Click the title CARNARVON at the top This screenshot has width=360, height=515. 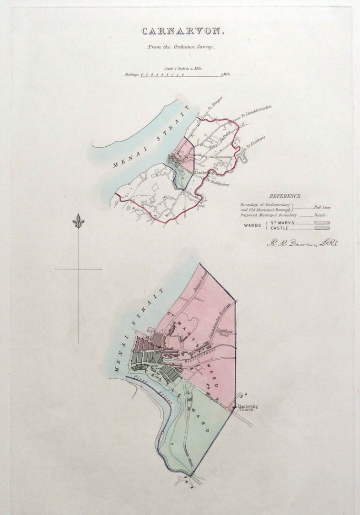(x=180, y=32)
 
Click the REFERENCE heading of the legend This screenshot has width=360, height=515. (x=284, y=196)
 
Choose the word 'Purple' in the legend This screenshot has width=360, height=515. (x=320, y=215)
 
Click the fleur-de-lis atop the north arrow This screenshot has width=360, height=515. (x=78, y=222)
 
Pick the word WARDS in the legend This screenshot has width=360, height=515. (x=252, y=226)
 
